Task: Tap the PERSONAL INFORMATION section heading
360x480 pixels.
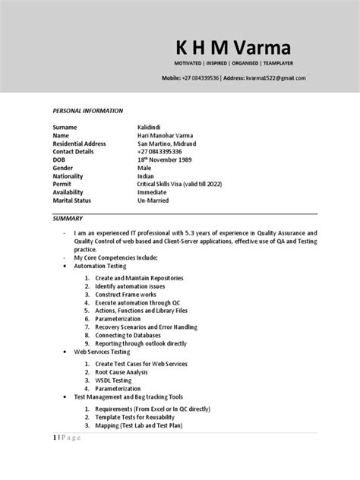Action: coord(87,111)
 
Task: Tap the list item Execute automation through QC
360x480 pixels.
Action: coord(140,303)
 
